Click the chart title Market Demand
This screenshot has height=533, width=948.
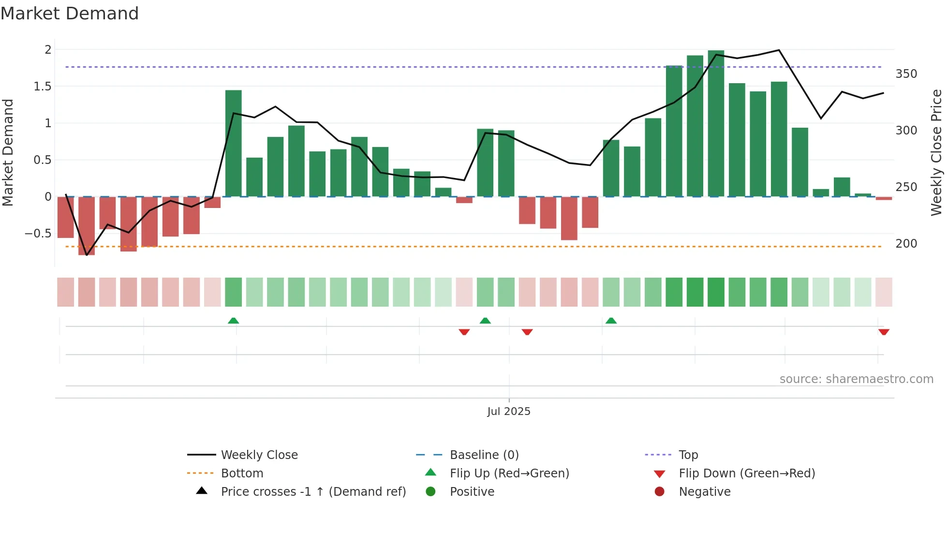click(70, 14)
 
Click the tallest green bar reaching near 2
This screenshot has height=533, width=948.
click(716, 123)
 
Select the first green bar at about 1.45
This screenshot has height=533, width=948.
click(234, 143)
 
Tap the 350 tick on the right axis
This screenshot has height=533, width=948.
click(906, 74)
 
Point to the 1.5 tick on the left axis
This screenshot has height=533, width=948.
click(43, 87)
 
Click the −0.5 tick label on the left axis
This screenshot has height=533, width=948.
click(38, 234)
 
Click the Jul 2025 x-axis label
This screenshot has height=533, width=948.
click(509, 412)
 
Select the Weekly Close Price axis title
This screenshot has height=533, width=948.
click(936, 152)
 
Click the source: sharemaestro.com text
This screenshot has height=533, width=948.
click(856, 379)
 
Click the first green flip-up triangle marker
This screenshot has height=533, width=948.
click(234, 321)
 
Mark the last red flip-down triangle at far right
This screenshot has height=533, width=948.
click(884, 332)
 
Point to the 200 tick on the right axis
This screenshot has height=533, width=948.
click(906, 244)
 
